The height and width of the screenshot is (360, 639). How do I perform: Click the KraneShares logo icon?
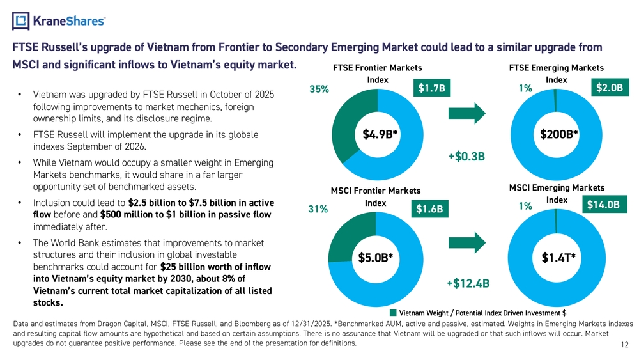[x=20, y=20]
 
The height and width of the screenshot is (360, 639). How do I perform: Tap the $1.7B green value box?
[x=431, y=88]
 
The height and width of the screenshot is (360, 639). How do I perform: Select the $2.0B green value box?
[x=610, y=88]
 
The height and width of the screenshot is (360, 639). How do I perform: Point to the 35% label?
[x=319, y=90]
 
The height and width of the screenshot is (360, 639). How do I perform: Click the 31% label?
[x=318, y=209]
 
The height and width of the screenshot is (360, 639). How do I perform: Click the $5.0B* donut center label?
[x=375, y=258]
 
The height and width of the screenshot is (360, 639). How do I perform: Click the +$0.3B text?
[x=467, y=156]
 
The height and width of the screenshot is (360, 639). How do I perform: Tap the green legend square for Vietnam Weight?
[x=392, y=313]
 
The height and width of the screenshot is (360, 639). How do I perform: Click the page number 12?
[x=624, y=345]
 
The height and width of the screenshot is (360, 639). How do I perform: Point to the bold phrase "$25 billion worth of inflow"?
[x=215, y=267]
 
